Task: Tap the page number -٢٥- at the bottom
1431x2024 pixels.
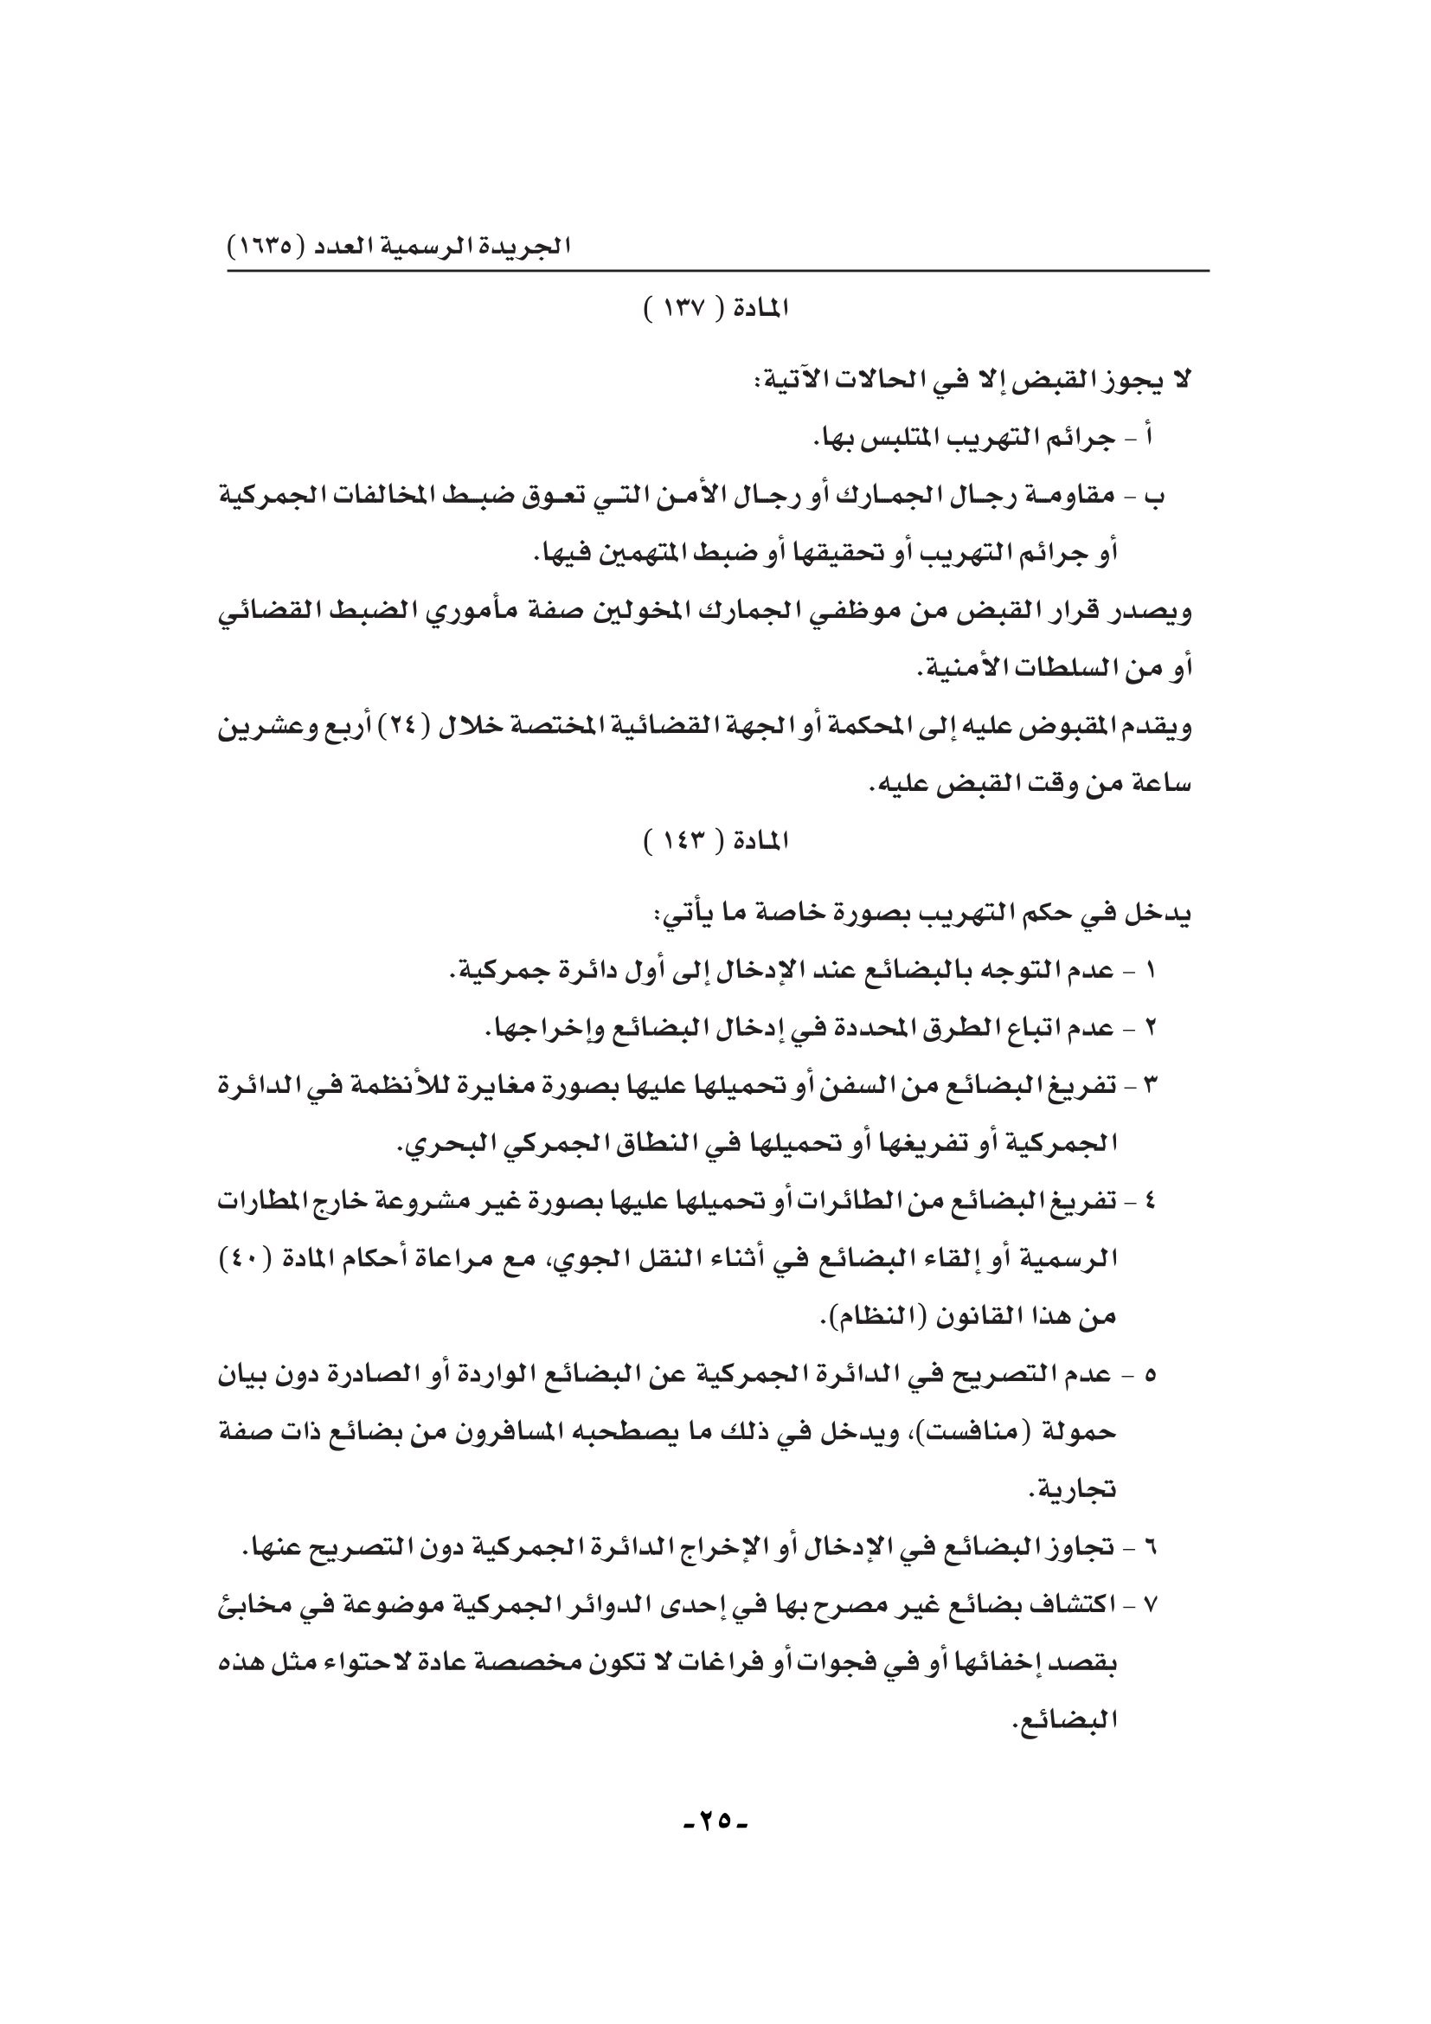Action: pos(715,1817)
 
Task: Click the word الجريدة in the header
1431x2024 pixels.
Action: pos(534,246)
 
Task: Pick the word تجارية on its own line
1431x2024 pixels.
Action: pos(1071,1491)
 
